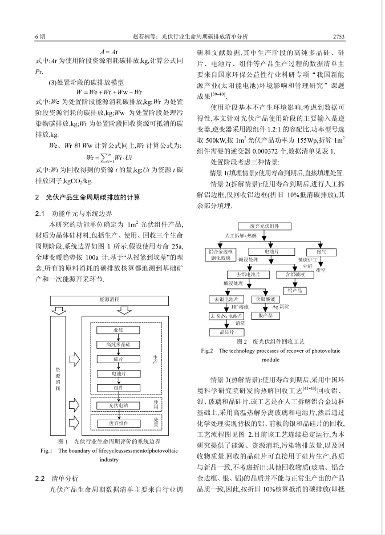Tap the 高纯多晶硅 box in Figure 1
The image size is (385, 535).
click(x=118, y=344)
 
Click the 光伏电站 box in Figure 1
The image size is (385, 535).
click(x=118, y=405)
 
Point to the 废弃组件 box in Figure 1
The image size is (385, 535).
click(x=118, y=423)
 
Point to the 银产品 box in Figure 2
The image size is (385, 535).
click(x=268, y=315)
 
